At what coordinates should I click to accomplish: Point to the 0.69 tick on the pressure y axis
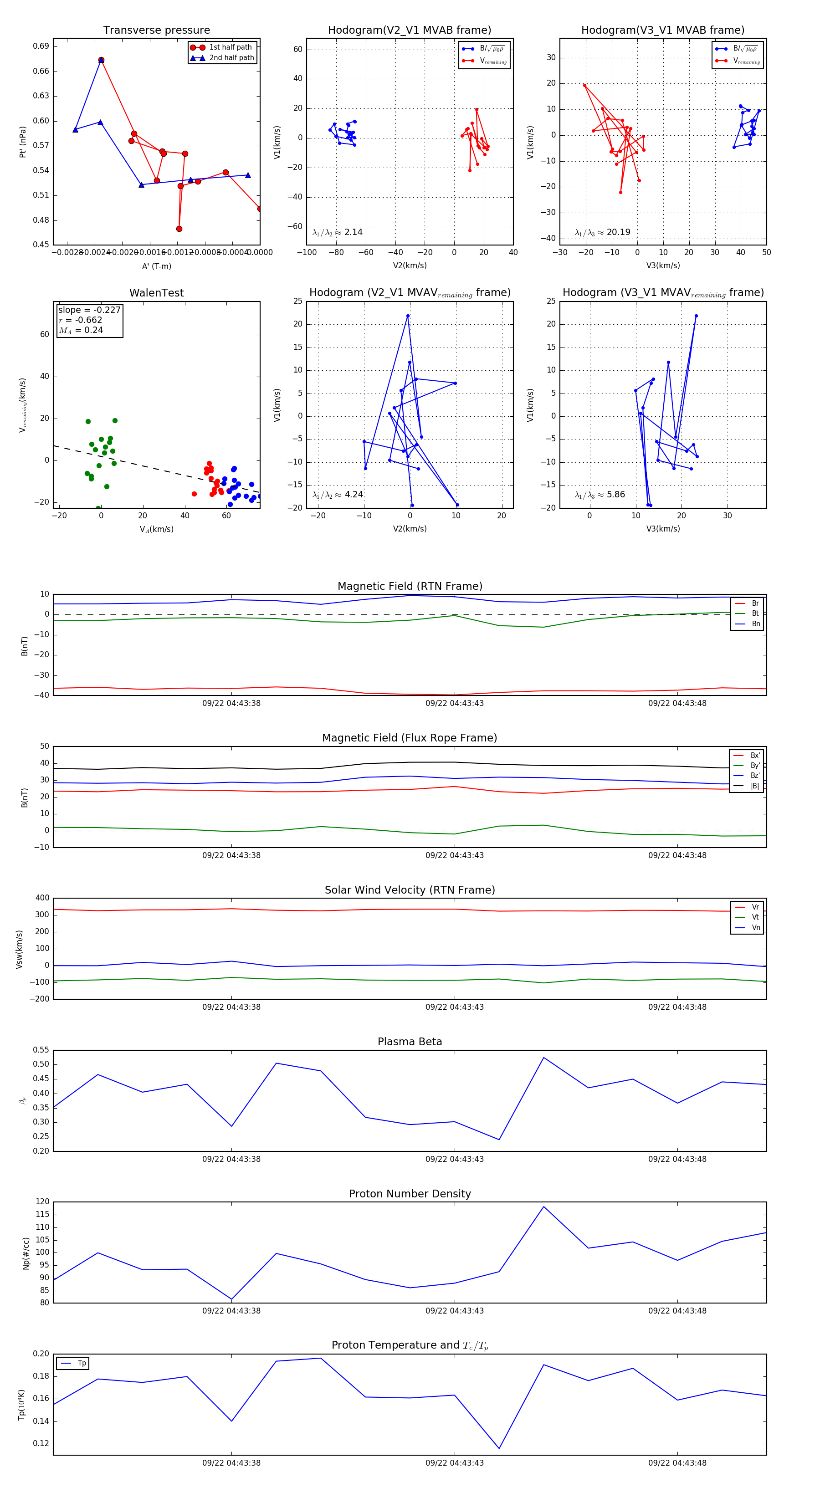41,46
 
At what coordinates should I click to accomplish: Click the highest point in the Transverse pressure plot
101,60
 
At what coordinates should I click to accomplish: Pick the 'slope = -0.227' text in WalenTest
89,310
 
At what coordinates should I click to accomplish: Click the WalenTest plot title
156,293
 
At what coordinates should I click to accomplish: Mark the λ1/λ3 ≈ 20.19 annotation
602,232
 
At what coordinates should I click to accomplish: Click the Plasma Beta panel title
410,1042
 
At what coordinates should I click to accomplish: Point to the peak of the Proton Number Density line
544,1206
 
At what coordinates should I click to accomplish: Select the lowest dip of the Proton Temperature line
499,1448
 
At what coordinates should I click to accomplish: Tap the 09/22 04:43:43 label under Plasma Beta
454,1159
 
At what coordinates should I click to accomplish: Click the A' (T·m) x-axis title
156,266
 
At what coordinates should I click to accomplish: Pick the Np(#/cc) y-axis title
26,1253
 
